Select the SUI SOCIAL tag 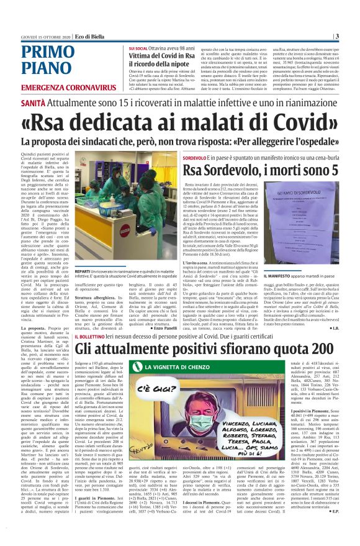(x=138, y=47)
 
